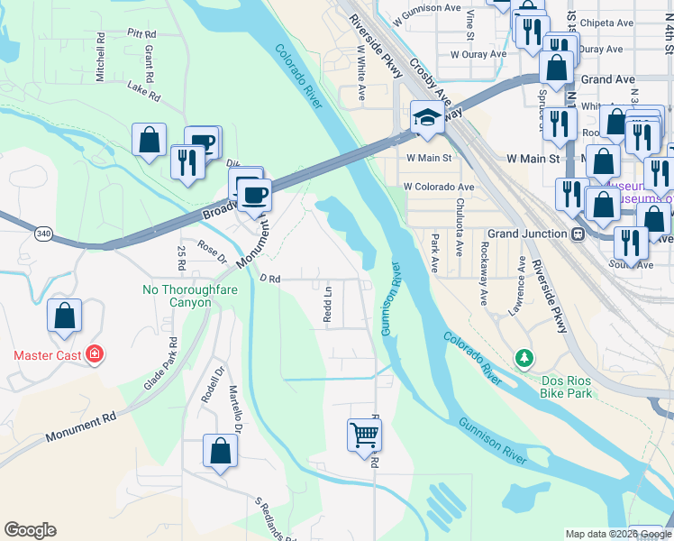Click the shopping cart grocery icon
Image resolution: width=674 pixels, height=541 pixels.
coord(365,435)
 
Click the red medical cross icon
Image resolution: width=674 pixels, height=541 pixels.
coord(95,354)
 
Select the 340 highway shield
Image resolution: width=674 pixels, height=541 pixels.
coord(42,234)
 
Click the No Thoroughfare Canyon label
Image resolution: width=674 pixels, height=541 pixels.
coord(178,296)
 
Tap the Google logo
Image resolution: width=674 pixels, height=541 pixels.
coord(30,530)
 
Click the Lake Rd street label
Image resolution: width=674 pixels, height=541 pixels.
coord(143,90)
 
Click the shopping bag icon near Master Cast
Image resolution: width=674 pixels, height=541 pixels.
coord(64,317)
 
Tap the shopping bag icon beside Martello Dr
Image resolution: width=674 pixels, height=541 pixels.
coord(220,453)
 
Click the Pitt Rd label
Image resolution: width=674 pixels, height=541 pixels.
coord(136,33)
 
